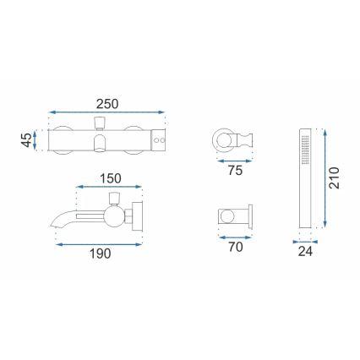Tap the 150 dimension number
pos(110,178)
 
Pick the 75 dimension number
pos(234,169)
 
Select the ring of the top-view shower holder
pos(223,138)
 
